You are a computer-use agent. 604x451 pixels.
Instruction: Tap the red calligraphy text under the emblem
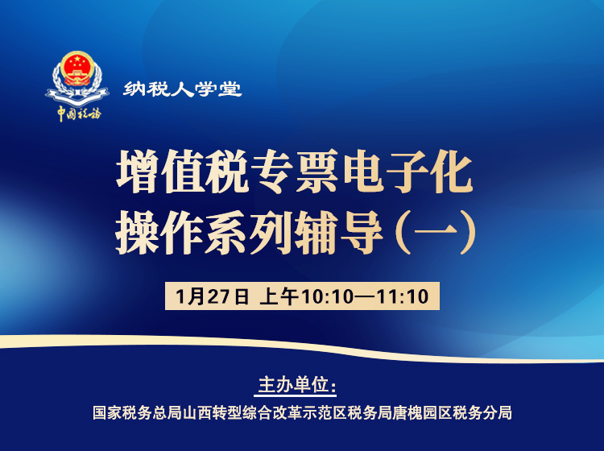tap(78, 113)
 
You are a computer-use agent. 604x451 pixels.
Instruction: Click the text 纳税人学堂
tap(183, 89)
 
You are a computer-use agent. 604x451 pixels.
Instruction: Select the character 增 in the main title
tap(138, 173)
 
